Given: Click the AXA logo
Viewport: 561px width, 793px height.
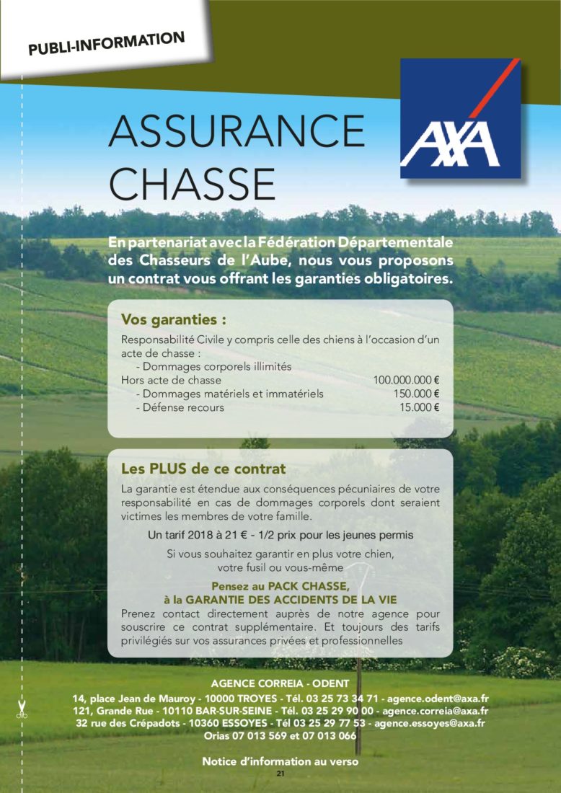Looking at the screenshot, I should pyautogui.click(x=460, y=118).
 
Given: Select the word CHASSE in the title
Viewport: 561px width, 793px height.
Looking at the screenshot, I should pyautogui.click(x=193, y=185).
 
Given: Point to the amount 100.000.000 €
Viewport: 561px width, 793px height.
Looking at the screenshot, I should pyautogui.click(x=407, y=380).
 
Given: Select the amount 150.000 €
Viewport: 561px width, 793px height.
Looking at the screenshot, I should pyautogui.click(x=417, y=394).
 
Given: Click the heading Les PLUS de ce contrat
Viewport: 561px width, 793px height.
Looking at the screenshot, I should pyautogui.click(x=203, y=469).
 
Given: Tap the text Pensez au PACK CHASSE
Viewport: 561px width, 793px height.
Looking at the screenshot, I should pyautogui.click(x=280, y=586).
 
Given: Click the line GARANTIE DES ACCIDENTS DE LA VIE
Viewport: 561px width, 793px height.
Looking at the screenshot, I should pyautogui.click(x=280, y=599).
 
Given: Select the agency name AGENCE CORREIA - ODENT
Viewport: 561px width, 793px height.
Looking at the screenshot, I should pyautogui.click(x=280, y=683).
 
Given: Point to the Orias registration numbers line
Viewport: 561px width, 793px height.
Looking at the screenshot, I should pyautogui.click(x=280, y=736).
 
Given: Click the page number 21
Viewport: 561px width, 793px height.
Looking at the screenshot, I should pyautogui.click(x=280, y=774).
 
